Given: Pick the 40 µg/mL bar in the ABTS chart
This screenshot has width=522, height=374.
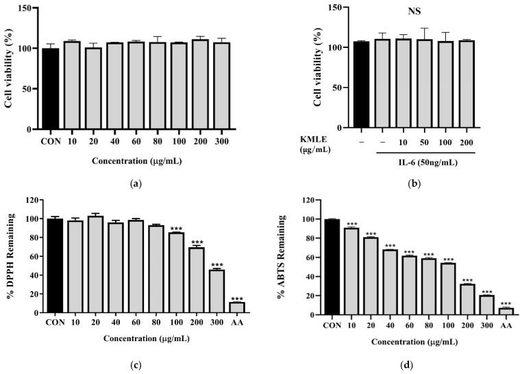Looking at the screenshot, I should (x=390, y=282).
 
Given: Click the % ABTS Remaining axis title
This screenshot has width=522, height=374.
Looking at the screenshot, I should (x=282, y=255).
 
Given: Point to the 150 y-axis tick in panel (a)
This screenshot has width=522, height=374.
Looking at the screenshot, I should (x=28, y=8).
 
